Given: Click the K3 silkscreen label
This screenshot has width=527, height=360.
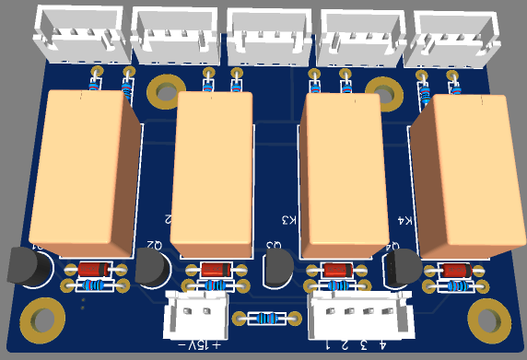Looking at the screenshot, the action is pos(289,220).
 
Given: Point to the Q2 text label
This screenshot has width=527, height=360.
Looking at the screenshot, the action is pos(152,245).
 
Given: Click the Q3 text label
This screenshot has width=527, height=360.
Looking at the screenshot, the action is pos(273,245).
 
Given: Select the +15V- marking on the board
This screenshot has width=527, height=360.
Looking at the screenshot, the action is pos(204,345).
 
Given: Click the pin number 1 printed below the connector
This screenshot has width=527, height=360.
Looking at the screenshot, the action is pos(328,345).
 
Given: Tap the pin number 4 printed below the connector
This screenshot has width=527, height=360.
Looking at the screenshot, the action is pos(382,345).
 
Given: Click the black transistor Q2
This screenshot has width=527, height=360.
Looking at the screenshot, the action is pos(153,270).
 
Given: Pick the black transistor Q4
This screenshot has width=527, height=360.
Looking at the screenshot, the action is pos(399,269).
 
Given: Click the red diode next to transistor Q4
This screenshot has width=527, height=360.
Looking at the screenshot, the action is pos(453,270).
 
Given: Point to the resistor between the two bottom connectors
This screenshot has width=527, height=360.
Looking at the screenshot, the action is pos(266,319).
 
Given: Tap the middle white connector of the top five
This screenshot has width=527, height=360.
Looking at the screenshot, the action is pos(267,35).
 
